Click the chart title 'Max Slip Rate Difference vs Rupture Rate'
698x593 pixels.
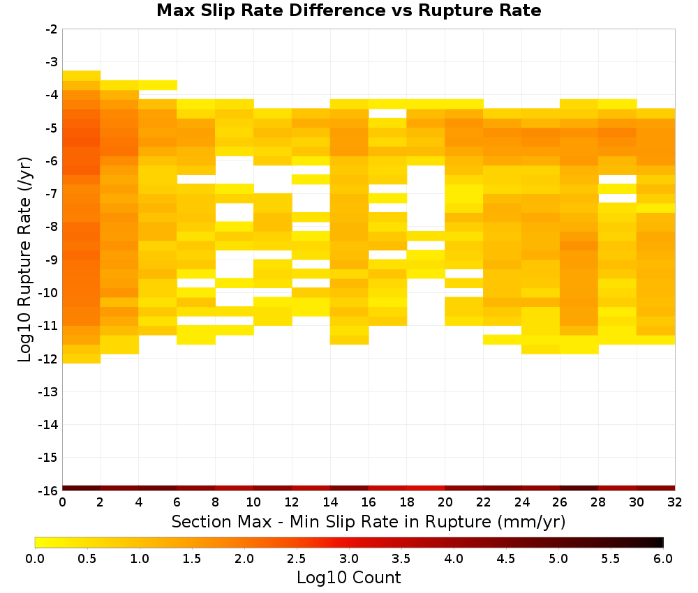coord(349,10)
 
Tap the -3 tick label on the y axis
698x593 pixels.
coord(51,62)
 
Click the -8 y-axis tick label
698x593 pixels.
coord(51,227)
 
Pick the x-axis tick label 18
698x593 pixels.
coord(406,502)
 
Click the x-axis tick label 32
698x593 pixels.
coord(674,502)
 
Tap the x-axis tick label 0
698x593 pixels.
coord(62,502)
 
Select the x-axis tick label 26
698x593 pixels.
coord(560,502)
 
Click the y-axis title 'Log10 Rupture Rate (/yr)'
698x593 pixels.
coord(24,260)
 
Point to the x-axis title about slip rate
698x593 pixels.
coord(369,521)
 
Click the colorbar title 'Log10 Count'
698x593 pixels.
coord(349,578)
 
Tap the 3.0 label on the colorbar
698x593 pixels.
coord(349,558)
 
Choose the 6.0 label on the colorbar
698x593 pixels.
coord(663,558)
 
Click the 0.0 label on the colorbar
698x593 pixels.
coord(35,558)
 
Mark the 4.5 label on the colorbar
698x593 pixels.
coord(506,558)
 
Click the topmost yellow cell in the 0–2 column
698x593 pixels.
coord(82,75)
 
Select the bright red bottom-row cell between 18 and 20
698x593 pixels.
coord(426,488)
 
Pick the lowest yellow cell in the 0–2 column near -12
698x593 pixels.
coord(82,359)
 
